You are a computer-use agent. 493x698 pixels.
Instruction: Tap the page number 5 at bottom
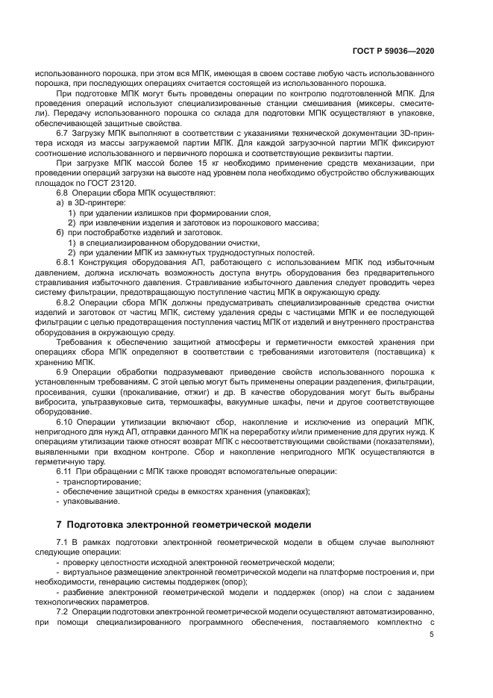(x=431, y=634)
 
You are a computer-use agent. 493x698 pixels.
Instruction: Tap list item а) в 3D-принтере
(x=91, y=203)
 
